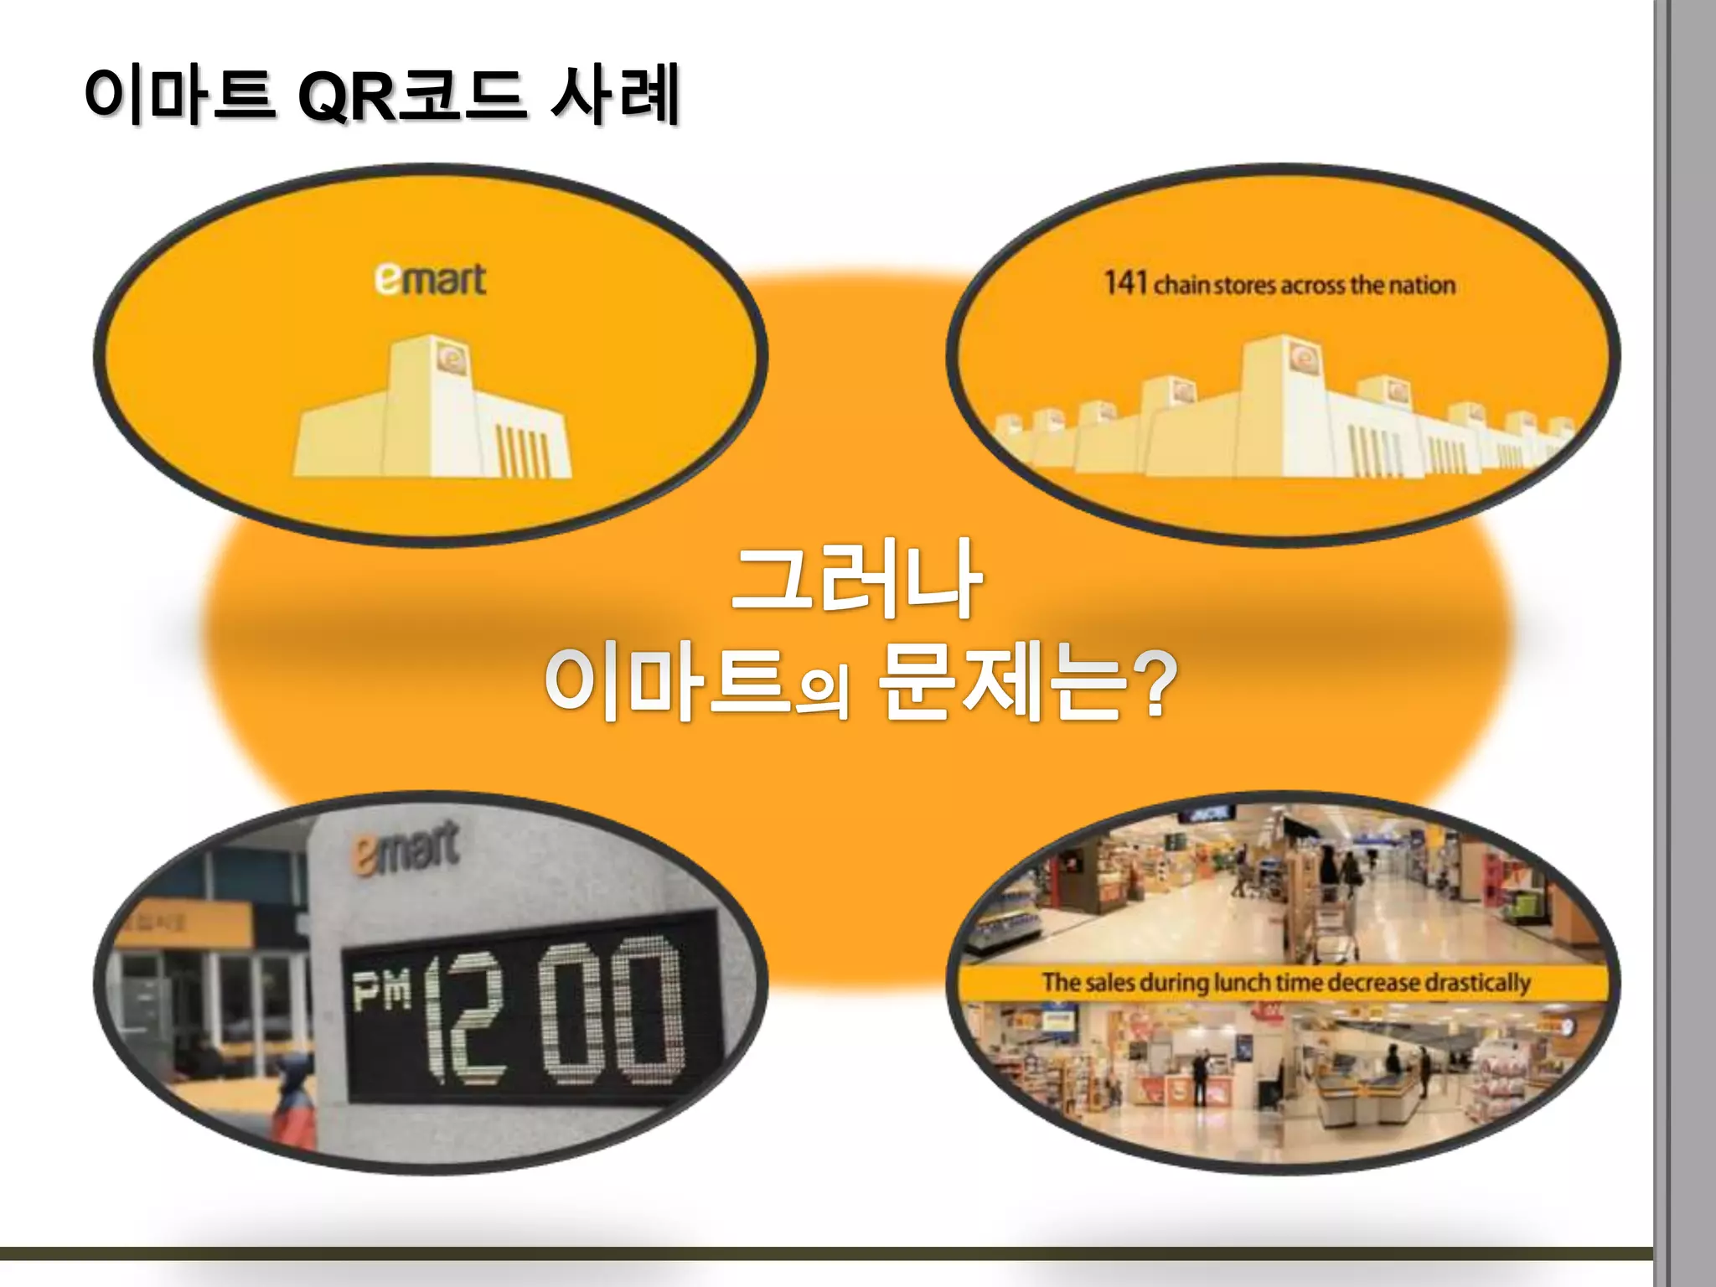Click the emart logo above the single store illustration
pyautogui.click(x=430, y=280)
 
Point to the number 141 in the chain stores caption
pyautogui.click(x=1124, y=283)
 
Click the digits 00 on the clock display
pyautogui.click(x=612, y=1011)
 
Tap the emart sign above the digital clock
pyautogui.click(x=406, y=848)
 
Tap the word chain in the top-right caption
pyautogui.click(x=1181, y=286)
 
